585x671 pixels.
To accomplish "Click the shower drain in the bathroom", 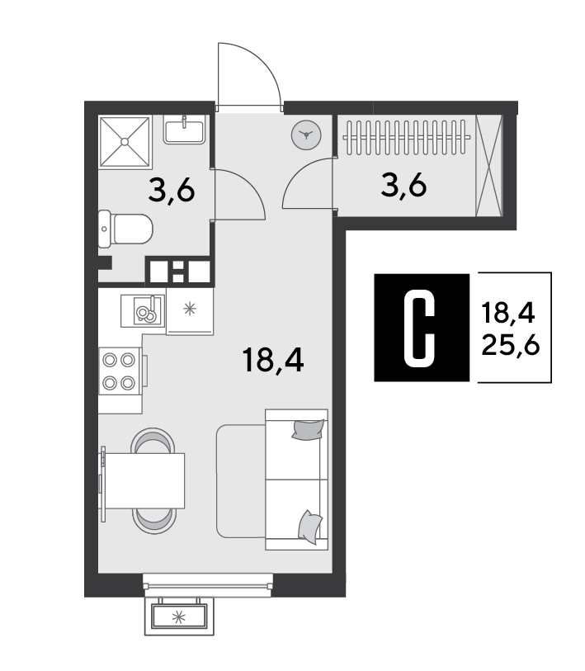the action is [125, 141].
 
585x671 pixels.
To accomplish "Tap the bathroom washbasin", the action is [184, 130].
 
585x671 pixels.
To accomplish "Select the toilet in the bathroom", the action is [125, 229].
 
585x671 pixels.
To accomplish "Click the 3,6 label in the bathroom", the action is [172, 191].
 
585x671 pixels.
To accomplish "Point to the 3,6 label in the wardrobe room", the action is [403, 186].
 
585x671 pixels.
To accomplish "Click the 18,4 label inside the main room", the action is [272, 360].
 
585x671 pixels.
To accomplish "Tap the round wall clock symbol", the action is [306, 135].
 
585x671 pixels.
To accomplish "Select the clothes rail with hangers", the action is [406, 137].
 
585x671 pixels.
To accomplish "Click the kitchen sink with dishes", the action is [143, 310].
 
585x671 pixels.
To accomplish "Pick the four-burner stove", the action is [120, 371].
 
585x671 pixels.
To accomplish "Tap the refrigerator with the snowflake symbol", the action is [190, 311].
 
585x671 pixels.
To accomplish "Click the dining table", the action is [144, 481].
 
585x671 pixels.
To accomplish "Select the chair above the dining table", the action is [153, 441].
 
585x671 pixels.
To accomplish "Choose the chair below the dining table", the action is [154, 521].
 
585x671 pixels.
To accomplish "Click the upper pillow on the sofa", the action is [308, 429].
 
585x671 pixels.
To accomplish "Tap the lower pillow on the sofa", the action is [310, 527].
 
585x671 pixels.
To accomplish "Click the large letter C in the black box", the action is [419, 328].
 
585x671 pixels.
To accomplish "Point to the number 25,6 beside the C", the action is [510, 345].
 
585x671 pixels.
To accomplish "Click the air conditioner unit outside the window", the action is [179, 617].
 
